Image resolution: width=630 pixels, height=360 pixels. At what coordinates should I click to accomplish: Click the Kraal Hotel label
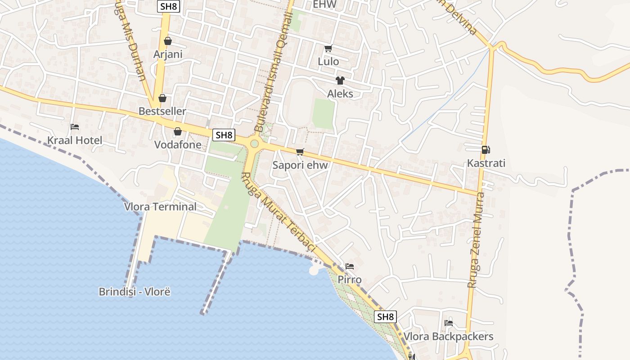click(x=75, y=140)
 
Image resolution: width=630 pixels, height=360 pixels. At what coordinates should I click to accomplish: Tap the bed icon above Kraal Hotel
click(x=75, y=127)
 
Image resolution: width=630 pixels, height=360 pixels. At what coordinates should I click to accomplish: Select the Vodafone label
click(x=178, y=145)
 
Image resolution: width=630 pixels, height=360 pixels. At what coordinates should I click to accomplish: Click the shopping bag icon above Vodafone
click(x=178, y=131)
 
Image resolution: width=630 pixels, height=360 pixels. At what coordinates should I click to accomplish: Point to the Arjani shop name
click(x=168, y=54)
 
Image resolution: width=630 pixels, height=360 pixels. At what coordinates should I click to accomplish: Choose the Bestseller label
click(x=162, y=111)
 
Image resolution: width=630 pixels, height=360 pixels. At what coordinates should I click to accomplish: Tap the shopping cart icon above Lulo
click(x=328, y=48)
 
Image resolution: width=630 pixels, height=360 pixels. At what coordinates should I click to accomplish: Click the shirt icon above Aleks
click(x=340, y=81)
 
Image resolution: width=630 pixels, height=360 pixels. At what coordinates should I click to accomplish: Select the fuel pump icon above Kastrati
click(x=486, y=150)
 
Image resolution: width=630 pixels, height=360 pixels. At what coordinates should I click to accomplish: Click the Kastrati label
click(x=486, y=163)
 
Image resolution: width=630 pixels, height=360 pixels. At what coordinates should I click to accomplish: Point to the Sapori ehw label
click(x=300, y=165)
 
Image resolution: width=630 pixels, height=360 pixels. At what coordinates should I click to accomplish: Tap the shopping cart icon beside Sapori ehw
click(x=300, y=152)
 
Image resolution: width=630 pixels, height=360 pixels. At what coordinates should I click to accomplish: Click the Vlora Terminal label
click(x=160, y=207)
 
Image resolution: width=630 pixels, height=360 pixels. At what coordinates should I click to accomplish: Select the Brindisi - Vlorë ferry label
click(x=135, y=292)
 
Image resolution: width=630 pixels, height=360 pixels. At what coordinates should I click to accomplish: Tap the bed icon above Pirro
click(x=349, y=266)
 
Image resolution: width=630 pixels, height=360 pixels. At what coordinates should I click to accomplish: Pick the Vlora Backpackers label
click(x=448, y=337)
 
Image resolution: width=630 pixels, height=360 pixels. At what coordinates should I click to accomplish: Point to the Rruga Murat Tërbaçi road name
click(x=279, y=214)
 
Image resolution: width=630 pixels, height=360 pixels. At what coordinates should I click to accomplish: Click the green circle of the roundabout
click(x=254, y=144)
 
